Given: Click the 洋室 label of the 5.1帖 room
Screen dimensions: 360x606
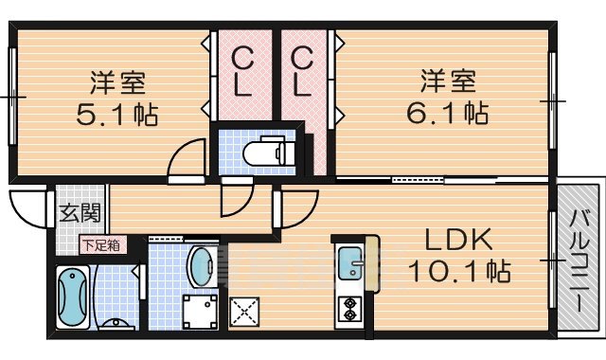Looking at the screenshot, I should [x=117, y=80].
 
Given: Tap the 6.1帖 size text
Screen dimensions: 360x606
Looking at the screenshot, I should [x=448, y=114].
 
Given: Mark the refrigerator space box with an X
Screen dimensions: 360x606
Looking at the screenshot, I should [x=243, y=311].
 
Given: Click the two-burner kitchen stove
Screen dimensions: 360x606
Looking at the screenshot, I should [x=349, y=309].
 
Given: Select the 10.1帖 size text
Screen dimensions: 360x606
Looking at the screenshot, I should [x=459, y=272].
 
